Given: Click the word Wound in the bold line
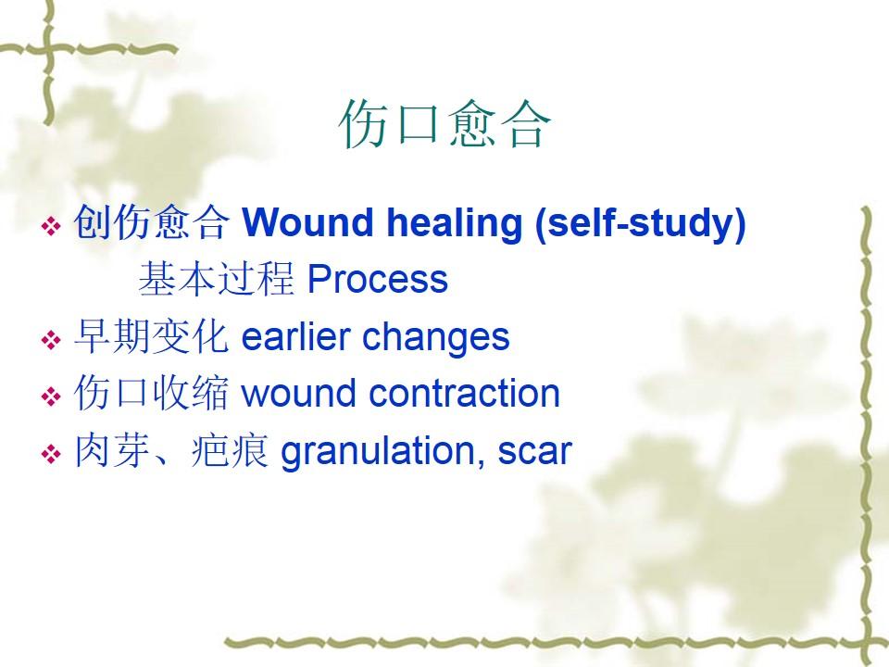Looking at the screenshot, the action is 308,221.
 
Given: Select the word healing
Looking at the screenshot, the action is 454,223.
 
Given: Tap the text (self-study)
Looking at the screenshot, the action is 640,224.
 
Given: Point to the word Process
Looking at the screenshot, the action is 378,279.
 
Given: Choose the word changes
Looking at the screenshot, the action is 435,339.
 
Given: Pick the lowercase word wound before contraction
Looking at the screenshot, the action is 299,393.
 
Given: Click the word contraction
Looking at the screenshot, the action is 464,393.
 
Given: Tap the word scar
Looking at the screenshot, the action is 534,452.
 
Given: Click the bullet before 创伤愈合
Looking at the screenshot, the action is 51,226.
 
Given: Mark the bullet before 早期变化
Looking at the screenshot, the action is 51,340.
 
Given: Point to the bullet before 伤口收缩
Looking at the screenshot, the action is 51,396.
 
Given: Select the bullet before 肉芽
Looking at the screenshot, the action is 51,454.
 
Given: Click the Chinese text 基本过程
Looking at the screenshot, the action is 216,279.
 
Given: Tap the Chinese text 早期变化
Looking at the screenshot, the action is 151,336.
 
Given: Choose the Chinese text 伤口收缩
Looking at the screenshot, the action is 151,393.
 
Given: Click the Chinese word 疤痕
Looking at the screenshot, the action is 230,451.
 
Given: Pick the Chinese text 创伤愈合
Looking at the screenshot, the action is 151,221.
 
